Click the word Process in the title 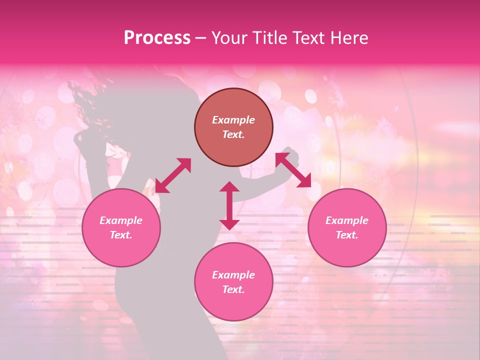157,38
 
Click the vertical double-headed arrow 229,205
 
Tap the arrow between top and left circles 173,175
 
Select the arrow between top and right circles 293,170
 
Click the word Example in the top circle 233,120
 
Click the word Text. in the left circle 121,235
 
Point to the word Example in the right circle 347,220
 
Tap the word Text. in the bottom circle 233,289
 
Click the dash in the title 200,38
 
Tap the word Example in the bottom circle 233,275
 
